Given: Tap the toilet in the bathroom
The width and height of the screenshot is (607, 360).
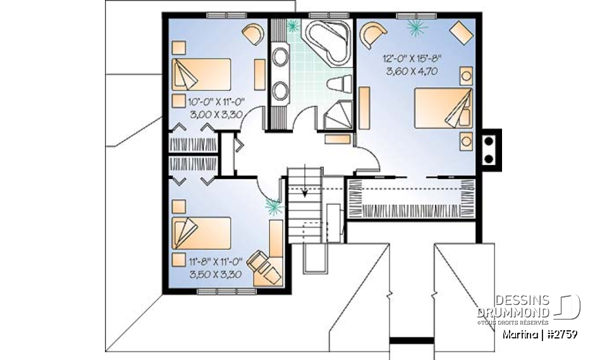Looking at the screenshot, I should tap(340, 84).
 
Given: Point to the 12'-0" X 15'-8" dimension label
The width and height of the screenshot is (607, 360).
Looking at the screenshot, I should tap(412, 59).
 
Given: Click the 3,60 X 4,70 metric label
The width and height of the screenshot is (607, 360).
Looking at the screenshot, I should tap(412, 71).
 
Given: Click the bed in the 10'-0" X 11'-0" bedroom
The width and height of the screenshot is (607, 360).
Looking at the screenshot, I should tap(202, 75).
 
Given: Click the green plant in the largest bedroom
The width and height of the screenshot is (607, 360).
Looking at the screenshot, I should tap(415, 27).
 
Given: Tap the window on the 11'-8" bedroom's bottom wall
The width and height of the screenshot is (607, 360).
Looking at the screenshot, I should tap(217, 292).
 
